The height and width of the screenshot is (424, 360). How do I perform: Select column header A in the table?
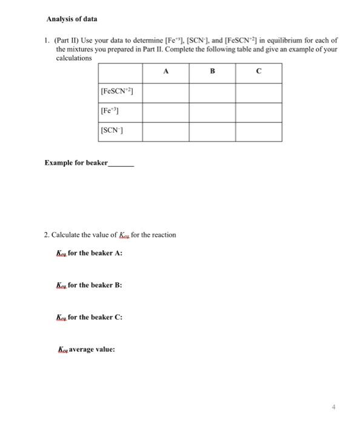tap(165, 71)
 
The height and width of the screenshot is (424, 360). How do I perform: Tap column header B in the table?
tap(212, 71)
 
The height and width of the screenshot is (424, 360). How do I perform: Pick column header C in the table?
tap(258, 71)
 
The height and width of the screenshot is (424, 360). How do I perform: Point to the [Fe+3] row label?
tap(110, 111)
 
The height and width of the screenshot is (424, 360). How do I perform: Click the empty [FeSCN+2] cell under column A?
tap(165, 91)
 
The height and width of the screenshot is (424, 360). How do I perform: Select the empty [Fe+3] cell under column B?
tap(212, 111)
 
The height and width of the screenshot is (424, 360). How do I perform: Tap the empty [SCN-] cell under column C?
tap(258, 131)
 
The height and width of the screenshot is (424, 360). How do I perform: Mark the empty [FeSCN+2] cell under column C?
tap(258, 91)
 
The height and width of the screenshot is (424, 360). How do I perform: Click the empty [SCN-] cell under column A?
tap(165, 131)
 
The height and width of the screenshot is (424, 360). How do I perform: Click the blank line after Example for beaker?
tap(121, 164)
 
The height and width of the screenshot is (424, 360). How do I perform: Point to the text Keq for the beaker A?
tap(89, 253)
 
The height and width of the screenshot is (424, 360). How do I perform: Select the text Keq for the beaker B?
tap(89, 285)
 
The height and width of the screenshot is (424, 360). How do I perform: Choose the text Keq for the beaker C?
tap(89, 317)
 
